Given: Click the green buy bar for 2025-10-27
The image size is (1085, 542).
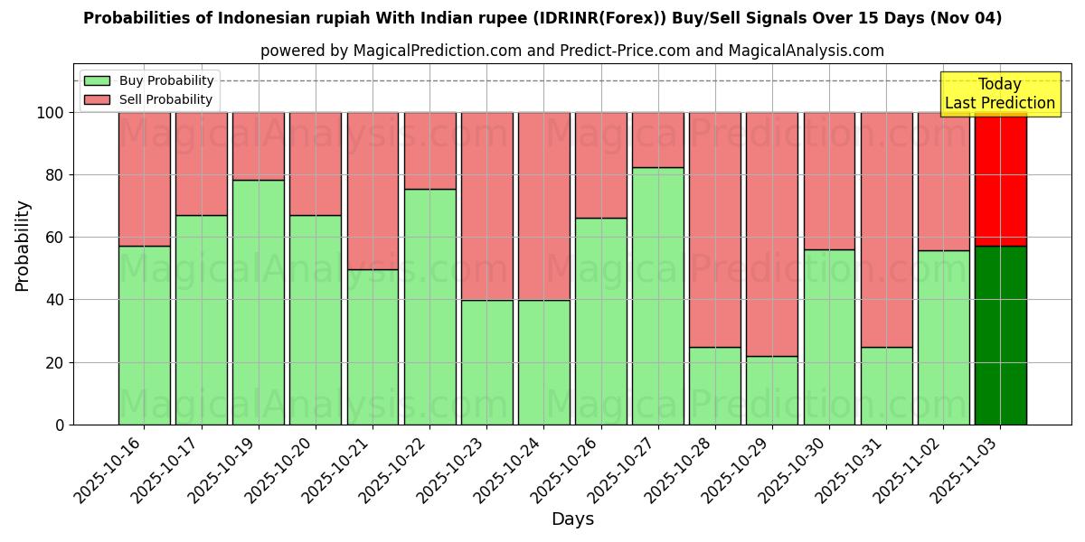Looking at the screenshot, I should click(x=657, y=295).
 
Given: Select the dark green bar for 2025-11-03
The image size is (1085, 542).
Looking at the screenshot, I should click(x=1000, y=335).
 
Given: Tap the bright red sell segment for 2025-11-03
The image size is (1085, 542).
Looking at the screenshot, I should click(x=1000, y=179).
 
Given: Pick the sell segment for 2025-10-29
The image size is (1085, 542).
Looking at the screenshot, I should click(x=771, y=234).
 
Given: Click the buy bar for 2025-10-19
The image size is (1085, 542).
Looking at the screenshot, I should click(x=258, y=302).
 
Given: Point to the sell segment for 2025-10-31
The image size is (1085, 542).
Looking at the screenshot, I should click(x=886, y=229).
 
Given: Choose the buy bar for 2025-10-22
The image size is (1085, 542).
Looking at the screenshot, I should click(x=429, y=306).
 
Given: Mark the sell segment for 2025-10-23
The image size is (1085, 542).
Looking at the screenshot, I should click(x=486, y=206).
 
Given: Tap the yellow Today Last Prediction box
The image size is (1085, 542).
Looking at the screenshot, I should click(x=999, y=94).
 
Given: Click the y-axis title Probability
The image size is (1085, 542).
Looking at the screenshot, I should click(x=23, y=246).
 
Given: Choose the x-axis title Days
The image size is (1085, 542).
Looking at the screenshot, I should click(x=572, y=519).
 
